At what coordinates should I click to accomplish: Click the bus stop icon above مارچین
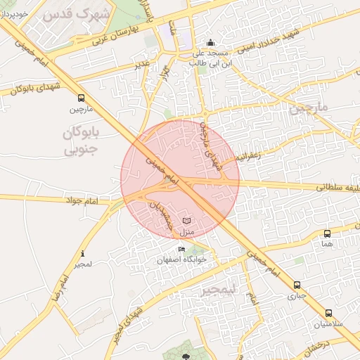81,98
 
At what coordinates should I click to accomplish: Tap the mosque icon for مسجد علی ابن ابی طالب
209,42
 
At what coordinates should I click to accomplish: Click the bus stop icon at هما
327,233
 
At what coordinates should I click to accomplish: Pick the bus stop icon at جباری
297,285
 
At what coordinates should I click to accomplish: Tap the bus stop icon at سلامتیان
328,314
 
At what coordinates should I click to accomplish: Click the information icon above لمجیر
83,254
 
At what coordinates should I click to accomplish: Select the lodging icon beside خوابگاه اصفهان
182,250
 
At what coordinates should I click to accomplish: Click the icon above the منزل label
186,220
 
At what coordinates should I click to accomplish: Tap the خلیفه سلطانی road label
337,188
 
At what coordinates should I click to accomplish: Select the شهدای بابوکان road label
32,87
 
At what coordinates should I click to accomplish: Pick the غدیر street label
143,65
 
